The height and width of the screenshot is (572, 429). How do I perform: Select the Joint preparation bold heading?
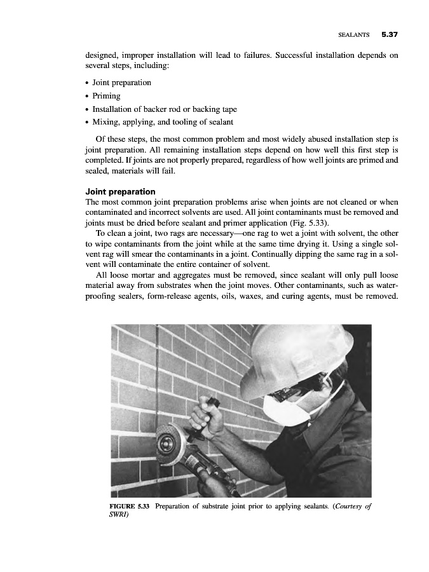120,191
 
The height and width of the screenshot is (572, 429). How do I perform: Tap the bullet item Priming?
106,95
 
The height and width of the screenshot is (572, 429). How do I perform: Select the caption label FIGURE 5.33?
130,506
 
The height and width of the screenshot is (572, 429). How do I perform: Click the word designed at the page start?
105,55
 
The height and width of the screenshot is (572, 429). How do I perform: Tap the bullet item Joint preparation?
121,83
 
